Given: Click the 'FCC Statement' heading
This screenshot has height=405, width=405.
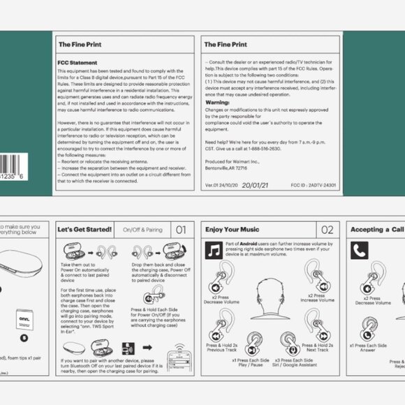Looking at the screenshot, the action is point(78,62).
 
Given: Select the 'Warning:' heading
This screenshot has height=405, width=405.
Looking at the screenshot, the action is point(217,102).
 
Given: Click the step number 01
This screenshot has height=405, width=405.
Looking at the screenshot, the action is point(181,228).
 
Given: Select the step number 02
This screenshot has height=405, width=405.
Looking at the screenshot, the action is point(327,228).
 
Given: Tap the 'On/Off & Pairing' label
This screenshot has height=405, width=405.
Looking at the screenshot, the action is point(142,229).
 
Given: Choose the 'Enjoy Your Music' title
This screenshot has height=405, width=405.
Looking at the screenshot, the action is point(233,229).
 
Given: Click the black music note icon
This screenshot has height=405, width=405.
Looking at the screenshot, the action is point(213,250).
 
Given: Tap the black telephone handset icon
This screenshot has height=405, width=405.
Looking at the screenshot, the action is point(360,251).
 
